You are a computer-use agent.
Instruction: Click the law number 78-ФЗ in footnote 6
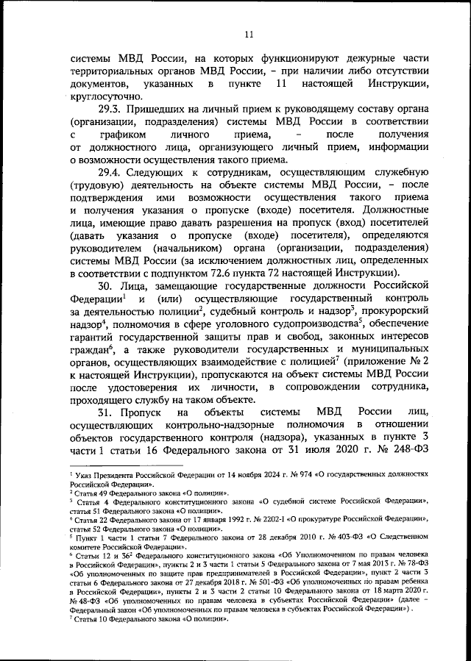[x=414, y=565]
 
